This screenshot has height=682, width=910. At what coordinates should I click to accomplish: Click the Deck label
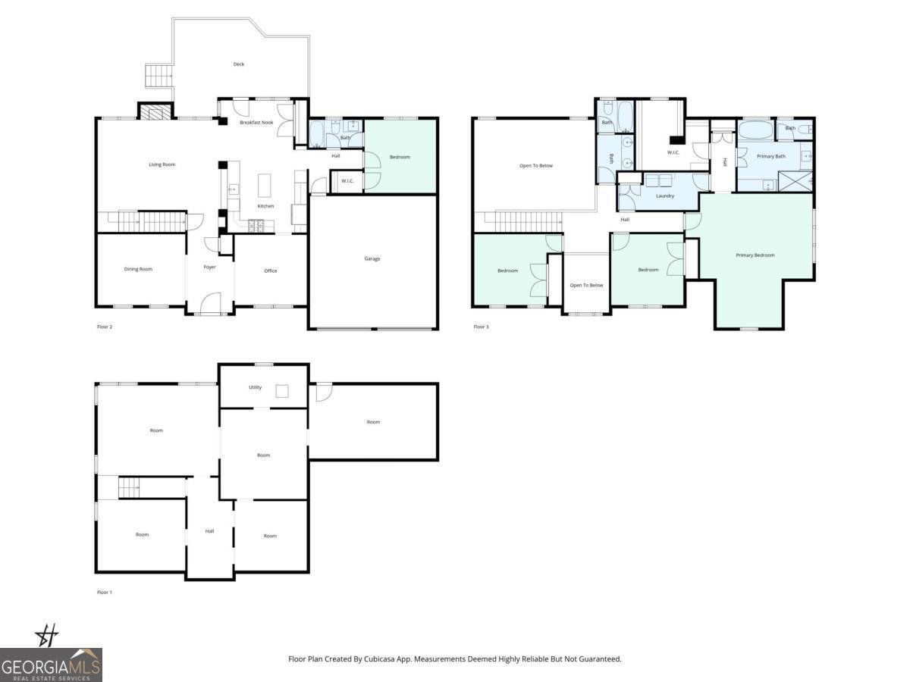(239, 64)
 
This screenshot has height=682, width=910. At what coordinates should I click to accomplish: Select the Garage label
(372, 259)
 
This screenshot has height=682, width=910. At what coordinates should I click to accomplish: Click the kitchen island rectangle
(265, 185)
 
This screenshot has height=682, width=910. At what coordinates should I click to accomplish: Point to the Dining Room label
(138, 269)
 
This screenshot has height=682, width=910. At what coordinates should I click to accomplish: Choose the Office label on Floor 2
(271, 271)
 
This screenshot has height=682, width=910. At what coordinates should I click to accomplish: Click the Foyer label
(210, 267)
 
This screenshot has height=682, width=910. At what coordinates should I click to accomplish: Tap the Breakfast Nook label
(256, 122)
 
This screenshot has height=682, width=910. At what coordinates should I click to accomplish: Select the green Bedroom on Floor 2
(400, 157)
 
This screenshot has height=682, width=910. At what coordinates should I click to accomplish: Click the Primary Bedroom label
(755, 255)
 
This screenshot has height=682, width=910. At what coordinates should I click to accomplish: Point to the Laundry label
(665, 196)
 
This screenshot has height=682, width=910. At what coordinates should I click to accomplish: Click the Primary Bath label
(770, 156)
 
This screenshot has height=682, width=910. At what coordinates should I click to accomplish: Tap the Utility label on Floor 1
(255, 387)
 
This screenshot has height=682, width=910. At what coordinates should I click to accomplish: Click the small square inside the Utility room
(282, 391)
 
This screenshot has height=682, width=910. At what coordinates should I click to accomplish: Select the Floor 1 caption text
(105, 592)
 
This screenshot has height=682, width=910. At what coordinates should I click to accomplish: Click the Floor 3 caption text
(482, 327)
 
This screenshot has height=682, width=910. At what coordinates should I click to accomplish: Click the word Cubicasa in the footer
(394, 659)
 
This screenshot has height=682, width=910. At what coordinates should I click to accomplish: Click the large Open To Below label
(536, 165)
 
